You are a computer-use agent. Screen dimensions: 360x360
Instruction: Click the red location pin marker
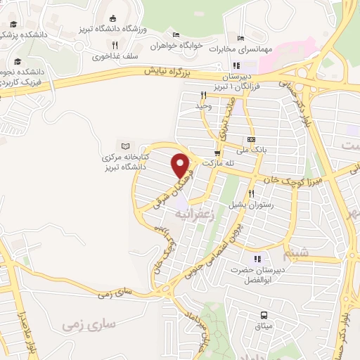click(181, 165)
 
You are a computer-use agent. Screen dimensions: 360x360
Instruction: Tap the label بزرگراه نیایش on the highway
click(169, 72)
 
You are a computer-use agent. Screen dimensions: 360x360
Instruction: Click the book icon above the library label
click(126, 145)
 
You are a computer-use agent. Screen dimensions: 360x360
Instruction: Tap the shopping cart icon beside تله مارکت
click(217, 153)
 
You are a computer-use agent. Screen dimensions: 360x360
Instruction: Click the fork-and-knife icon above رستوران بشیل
click(250, 193)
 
